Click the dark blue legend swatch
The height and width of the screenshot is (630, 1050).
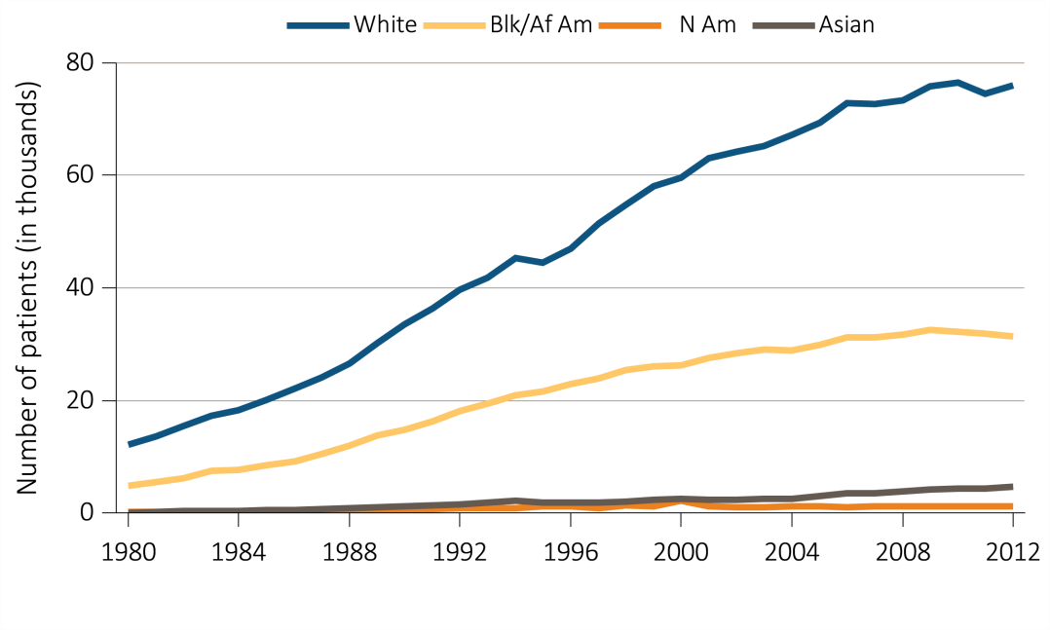pos(318,26)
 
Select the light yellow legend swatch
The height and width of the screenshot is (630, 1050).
pos(454,26)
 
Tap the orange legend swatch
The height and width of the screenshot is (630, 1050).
pos(629,26)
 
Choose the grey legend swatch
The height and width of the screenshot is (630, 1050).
pos(784,26)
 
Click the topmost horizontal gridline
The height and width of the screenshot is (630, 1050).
pos(571,63)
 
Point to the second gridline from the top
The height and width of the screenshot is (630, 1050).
pos(571,175)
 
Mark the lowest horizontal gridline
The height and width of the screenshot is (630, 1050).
pos(571,400)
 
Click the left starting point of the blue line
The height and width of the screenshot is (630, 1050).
pos(130,445)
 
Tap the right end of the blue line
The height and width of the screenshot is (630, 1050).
pos(1012,86)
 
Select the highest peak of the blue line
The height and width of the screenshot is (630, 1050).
pos(958,82)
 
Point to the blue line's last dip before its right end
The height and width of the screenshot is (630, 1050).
pos(986,93)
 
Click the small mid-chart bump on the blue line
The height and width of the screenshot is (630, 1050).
pos(515,257)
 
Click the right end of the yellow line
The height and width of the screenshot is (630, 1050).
pos(1012,336)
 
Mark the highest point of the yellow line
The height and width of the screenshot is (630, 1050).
pos(931,330)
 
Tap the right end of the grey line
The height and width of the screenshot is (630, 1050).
pos(1012,486)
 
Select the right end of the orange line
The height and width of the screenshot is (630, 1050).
pos(1012,506)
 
